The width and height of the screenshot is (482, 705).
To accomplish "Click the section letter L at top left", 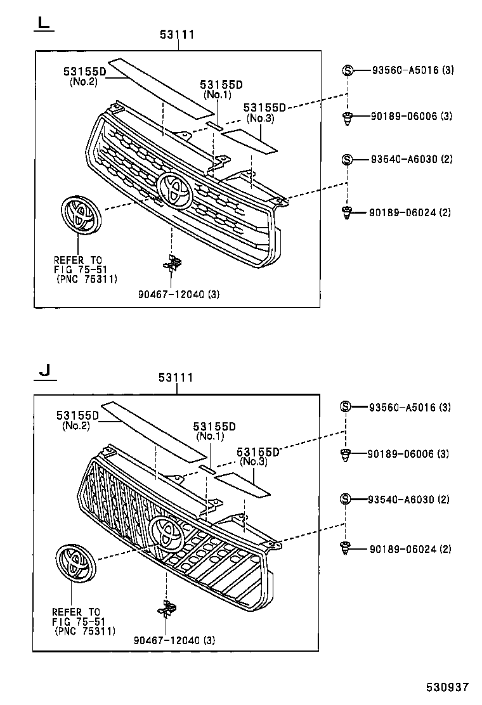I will click(x=42, y=23).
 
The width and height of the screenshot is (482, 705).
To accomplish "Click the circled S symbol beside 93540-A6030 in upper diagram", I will click(x=347, y=159).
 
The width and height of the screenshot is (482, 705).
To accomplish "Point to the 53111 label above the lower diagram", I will click(x=176, y=378).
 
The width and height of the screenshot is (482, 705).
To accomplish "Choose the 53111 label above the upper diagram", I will click(x=177, y=35).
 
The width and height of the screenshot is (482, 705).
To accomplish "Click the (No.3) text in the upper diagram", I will click(x=260, y=118).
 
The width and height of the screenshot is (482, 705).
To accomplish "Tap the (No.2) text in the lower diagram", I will click(x=76, y=425).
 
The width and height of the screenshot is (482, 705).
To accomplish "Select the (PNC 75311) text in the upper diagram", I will click(x=86, y=278).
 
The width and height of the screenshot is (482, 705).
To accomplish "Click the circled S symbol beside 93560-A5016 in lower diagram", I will click(x=346, y=407).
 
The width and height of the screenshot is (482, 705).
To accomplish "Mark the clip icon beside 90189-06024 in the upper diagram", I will click(x=346, y=213).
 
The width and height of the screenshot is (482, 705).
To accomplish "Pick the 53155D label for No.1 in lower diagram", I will click(x=214, y=427).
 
